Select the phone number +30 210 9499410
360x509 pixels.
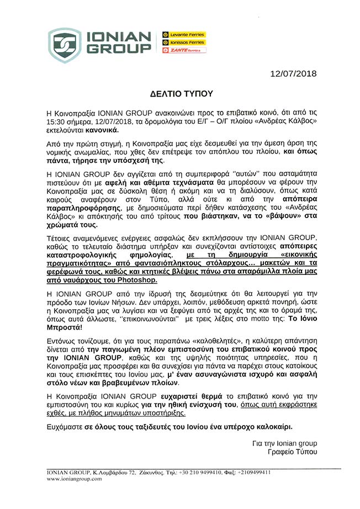202,473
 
